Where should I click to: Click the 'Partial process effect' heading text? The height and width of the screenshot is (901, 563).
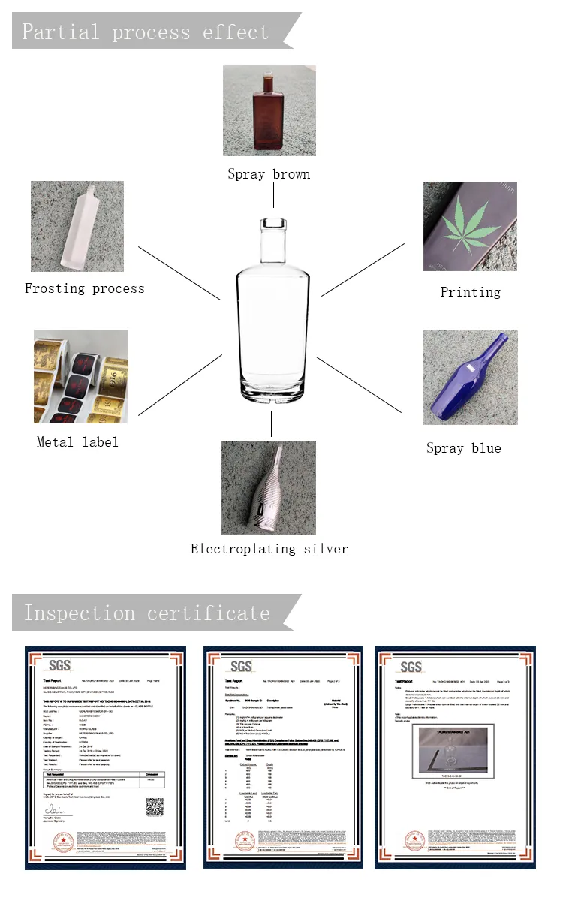(145, 32)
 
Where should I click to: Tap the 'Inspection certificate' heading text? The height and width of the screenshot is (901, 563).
(146, 613)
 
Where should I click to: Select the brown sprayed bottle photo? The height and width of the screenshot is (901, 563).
(269, 110)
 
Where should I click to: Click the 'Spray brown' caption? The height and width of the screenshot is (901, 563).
(269, 174)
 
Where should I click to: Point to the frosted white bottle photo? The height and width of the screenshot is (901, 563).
(77, 226)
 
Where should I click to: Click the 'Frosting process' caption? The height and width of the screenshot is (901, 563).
(84, 288)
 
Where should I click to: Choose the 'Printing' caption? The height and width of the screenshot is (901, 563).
(470, 292)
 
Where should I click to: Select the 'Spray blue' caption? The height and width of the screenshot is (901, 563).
(463, 448)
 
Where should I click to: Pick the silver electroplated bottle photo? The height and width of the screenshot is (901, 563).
(269, 487)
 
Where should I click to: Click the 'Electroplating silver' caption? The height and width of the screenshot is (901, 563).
(269, 549)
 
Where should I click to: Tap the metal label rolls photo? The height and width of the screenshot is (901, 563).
(80, 376)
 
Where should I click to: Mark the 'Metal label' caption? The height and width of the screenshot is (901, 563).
(77, 442)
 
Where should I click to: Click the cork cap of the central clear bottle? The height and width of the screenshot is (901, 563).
(271, 224)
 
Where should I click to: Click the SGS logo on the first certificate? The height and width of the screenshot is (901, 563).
(59, 666)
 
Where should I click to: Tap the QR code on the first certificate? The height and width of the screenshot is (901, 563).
(155, 806)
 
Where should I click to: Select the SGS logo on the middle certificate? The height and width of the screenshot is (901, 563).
(241, 666)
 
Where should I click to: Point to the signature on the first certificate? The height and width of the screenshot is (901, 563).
(54, 810)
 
